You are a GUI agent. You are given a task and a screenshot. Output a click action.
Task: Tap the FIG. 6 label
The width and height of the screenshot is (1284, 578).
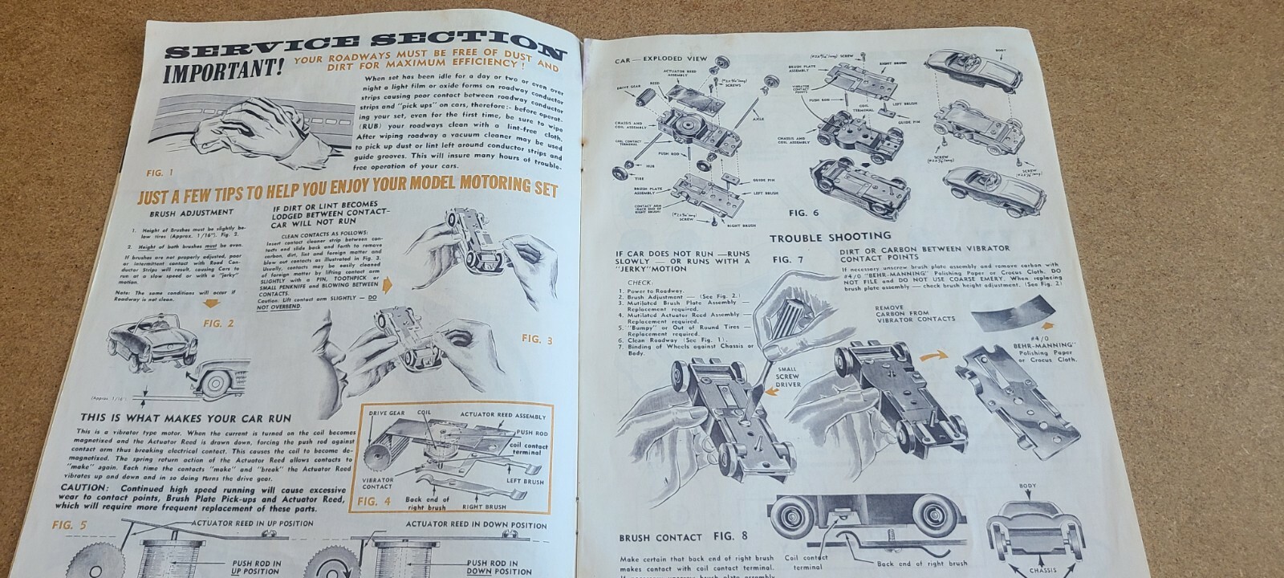click(803, 213)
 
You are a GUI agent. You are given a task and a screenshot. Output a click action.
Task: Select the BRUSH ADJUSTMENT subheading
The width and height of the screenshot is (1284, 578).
click(191, 213)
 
